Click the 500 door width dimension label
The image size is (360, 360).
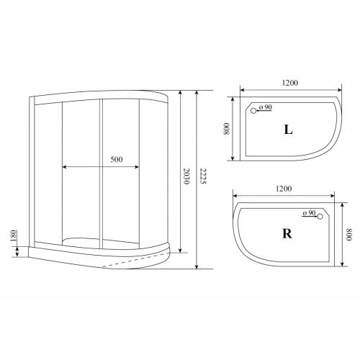[117, 159]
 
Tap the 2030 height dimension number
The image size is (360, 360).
[186, 176]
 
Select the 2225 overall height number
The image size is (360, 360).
[203, 176]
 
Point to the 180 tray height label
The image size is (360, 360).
[14, 235]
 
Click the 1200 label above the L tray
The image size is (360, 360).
[290, 83]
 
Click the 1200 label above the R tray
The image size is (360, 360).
[284, 189]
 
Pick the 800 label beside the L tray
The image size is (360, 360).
[227, 129]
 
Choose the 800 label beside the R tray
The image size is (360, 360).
[348, 235]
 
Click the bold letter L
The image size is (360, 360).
[288, 130]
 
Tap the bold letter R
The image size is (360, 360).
[287, 233]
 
